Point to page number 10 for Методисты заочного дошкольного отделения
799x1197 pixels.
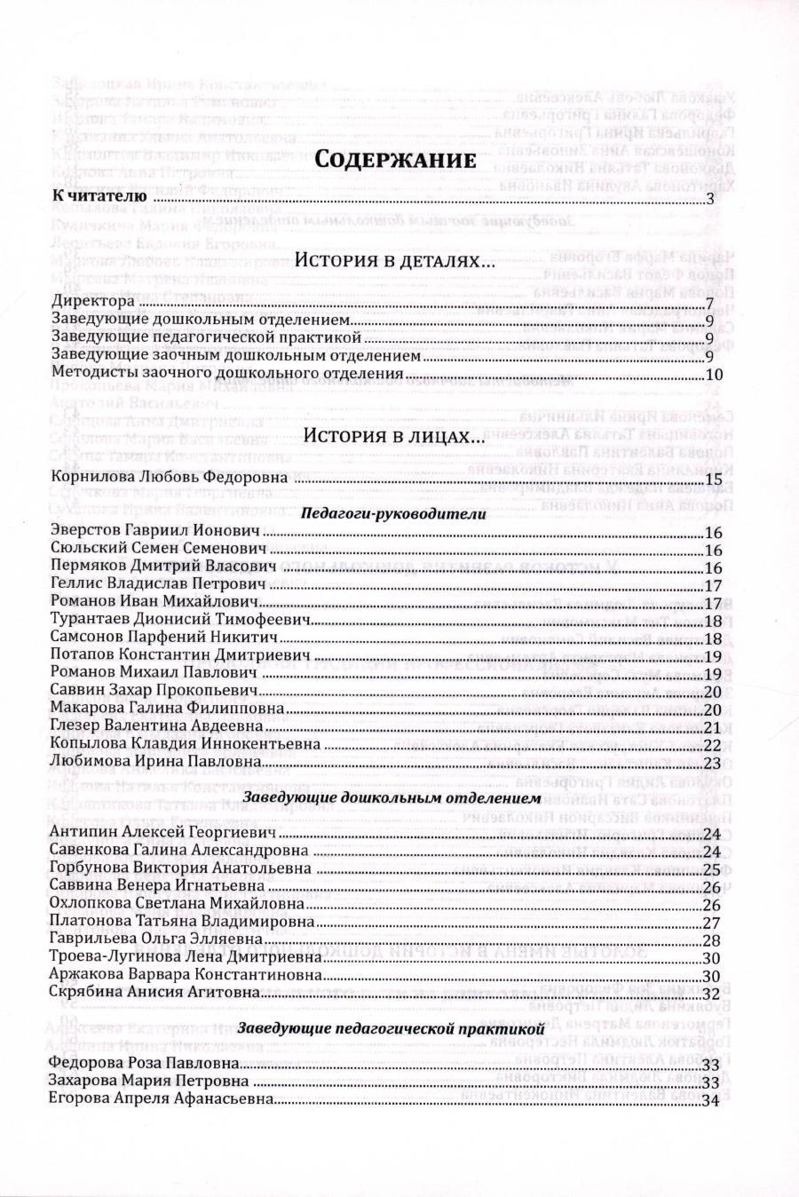pyautogui.click(x=714, y=375)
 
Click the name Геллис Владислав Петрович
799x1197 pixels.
pyautogui.click(x=159, y=585)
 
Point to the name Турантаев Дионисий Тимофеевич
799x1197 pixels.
pyautogui.click(x=184, y=620)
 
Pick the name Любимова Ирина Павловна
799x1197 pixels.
pyautogui.click(x=156, y=762)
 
